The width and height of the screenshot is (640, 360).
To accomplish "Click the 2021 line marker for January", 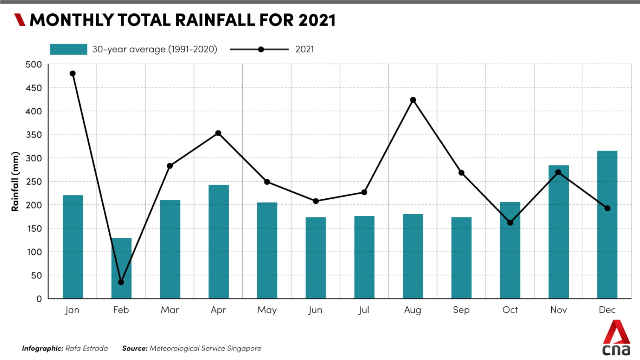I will click(x=73, y=74).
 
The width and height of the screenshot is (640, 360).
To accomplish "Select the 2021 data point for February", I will click(x=121, y=282).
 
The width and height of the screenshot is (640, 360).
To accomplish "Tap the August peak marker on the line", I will click(x=413, y=100).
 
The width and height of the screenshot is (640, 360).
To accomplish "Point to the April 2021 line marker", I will click(x=218, y=134).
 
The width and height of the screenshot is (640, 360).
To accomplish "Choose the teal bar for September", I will click(x=461, y=258).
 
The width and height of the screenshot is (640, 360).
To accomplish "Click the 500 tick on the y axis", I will click(x=34, y=65).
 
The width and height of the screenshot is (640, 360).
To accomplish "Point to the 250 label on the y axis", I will click(x=34, y=182).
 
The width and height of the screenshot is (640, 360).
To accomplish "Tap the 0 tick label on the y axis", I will click(x=39, y=299).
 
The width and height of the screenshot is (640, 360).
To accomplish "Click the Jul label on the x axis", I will click(x=364, y=310).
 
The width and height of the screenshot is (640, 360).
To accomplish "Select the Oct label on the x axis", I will click(x=510, y=310).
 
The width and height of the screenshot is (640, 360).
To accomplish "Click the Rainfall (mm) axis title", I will click(x=15, y=182).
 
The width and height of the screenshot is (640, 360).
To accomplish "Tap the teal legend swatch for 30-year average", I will click(x=68, y=49).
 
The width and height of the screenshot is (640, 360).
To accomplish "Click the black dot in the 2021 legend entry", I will click(x=261, y=49).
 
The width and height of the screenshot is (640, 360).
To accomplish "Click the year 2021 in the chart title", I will click(x=317, y=20).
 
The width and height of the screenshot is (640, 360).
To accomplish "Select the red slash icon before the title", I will click(x=20, y=20).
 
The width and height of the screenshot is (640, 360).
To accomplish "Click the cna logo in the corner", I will click(x=617, y=339).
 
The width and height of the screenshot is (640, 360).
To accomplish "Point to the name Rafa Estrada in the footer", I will click(x=87, y=348).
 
